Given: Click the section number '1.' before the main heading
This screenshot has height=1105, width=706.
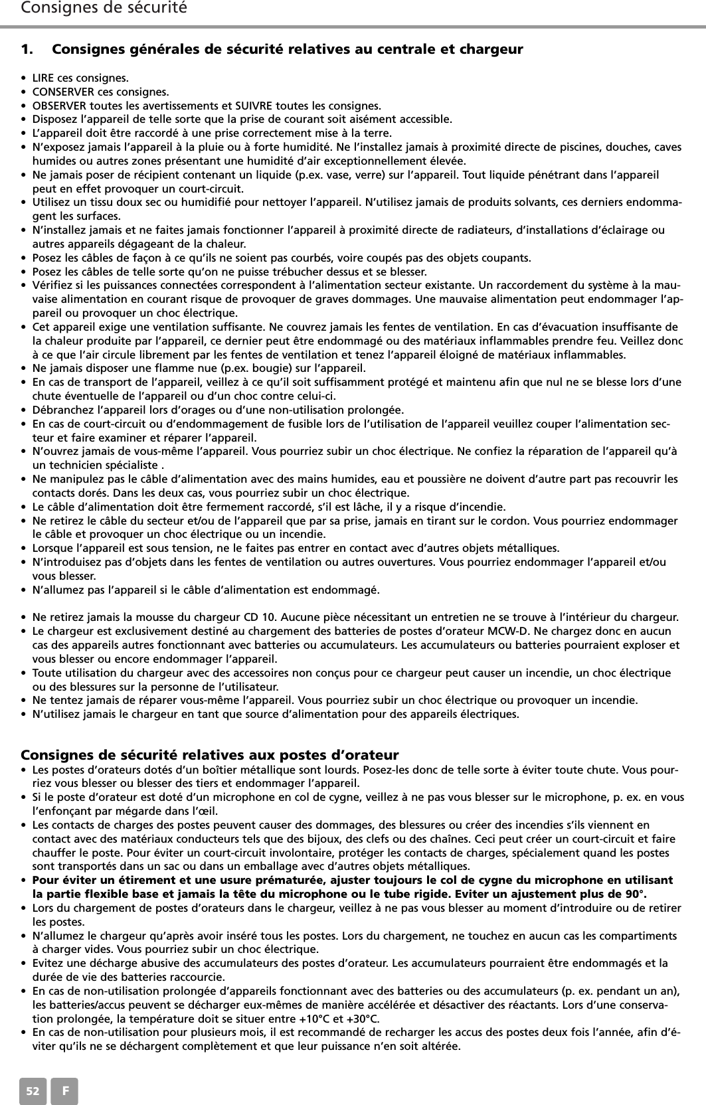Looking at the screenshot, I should click(28, 50).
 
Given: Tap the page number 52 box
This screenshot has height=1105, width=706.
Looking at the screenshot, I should click(33, 1090).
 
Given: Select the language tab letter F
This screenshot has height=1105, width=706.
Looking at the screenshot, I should click(64, 1090).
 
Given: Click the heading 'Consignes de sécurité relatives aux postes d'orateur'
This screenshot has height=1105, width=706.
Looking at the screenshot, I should click(210, 755).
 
